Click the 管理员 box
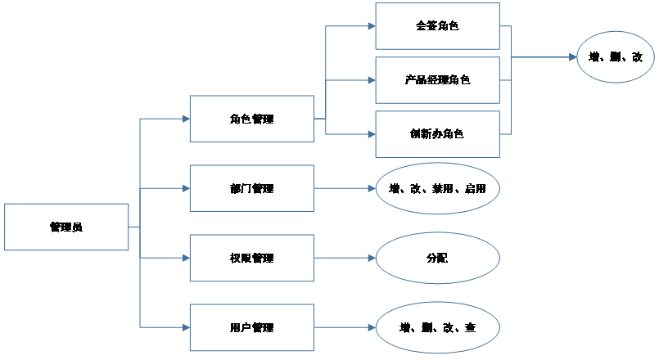click(x=66, y=227)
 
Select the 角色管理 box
click(x=251, y=119)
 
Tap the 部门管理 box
click(x=251, y=188)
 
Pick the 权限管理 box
click(x=251, y=258)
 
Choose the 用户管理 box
click(x=251, y=327)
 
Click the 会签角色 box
click(x=437, y=26)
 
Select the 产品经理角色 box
click(x=437, y=80)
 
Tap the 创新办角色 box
click(x=437, y=133)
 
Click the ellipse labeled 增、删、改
click(x=615, y=57)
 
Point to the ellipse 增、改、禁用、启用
click(x=437, y=188)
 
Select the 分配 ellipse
click(x=437, y=258)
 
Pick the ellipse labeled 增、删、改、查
click(x=437, y=327)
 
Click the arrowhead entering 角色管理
click(x=185, y=119)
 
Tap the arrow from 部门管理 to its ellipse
click(x=345, y=188)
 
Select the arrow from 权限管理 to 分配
click(x=345, y=258)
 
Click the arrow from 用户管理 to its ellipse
click(x=345, y=327)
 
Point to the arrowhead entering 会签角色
click(x=371, y=26)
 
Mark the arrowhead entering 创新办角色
click(x=371, y=133)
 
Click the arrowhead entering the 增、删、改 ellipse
click(x=571, y=57)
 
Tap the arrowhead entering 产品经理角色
click(x=371, y=80)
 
